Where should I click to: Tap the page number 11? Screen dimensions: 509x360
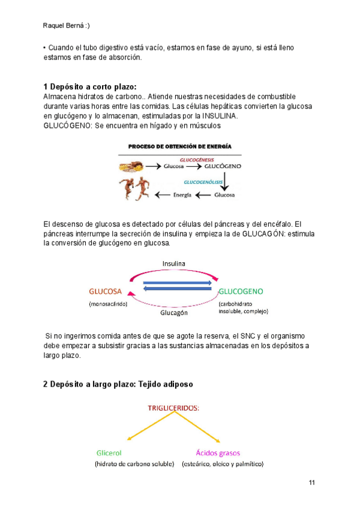311,483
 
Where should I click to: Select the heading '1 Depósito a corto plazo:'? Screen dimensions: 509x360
90,86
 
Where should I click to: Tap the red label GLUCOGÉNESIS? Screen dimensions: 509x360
205,160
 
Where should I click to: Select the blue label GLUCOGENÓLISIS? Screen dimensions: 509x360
204,181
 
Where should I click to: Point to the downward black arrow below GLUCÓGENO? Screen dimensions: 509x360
224,181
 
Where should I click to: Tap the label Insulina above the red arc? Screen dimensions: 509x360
174,264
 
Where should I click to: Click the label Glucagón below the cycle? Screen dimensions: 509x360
174,313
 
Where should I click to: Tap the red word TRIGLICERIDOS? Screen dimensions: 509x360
174,408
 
